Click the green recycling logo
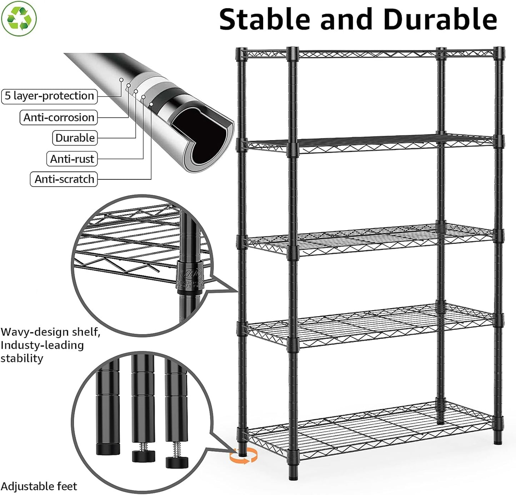coord(19,18)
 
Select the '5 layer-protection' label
coord(49,96)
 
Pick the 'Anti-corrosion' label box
coord(59,118)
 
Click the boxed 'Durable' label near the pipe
coord(75,138)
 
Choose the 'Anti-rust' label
coord(72,159)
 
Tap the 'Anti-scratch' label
coord(64,179)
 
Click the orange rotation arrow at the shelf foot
coord(244,456)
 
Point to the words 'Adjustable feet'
coord(39,486)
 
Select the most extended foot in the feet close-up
coord(177,461)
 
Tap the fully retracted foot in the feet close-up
coord(108,449)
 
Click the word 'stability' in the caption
coord(22,358)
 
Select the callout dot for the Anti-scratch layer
coord(151,104)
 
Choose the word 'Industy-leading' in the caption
coord(42,345)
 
